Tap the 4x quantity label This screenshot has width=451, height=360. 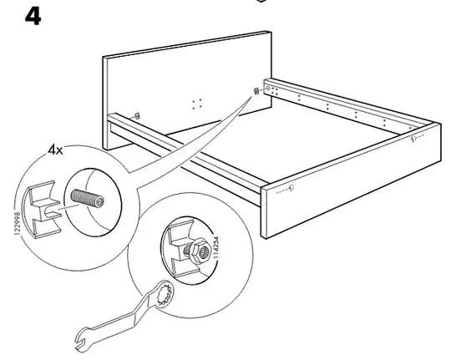pyautogui.click(x=55, y=150)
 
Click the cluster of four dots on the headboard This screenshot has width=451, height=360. pyautogui.click(x=197, y=104)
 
